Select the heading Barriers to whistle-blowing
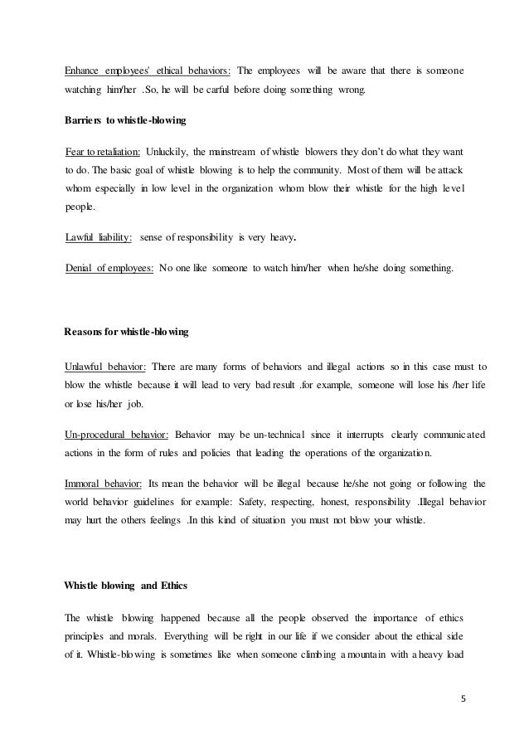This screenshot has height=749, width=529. tap(124, 121)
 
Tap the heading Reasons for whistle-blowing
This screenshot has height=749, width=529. tap(126, 332)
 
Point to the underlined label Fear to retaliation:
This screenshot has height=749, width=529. tap(103, 153)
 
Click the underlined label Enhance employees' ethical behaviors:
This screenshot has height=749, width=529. tap(148, 66)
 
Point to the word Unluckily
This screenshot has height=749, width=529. tap(169, 153)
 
